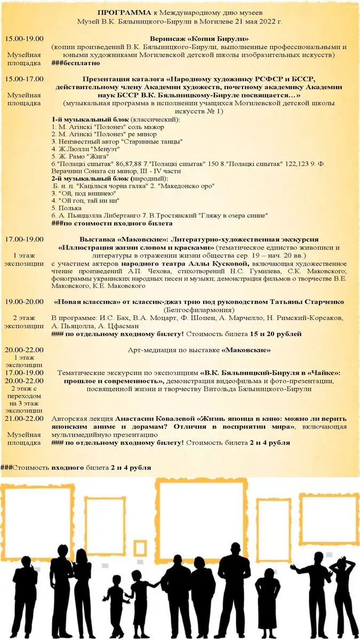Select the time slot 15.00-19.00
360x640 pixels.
24,39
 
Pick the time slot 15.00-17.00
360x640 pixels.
24,78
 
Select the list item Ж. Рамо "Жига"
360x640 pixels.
80,157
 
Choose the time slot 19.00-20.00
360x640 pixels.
24,302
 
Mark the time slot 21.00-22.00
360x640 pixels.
24,419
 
